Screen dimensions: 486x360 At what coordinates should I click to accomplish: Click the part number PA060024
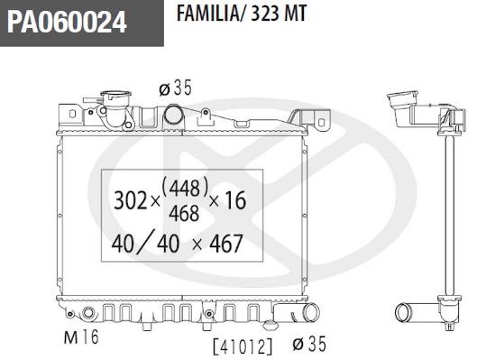tap(67, 22)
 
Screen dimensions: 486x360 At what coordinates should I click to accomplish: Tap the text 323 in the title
tap(263, 14)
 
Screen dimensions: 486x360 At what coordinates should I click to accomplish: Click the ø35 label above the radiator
tap(176, 88)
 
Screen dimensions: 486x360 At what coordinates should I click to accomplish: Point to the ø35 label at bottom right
tap(309, 344)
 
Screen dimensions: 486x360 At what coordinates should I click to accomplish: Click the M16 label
tap(81, 337)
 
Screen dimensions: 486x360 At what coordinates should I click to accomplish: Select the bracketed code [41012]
tap(243, 346)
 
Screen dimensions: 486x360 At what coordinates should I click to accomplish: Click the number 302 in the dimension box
tap(130, 200)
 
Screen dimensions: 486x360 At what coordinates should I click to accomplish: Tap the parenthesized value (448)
tap(185, 188)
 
